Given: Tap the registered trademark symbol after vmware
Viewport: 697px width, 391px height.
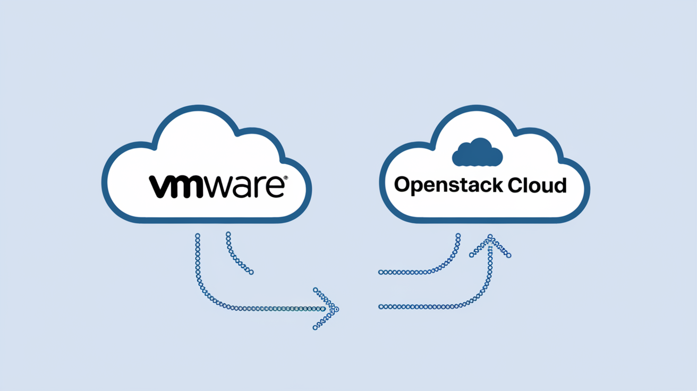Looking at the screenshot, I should pos(286,179).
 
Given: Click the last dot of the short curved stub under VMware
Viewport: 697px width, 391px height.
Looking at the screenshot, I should pos(251,273).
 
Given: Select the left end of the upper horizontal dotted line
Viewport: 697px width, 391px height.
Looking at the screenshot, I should pos(380,272).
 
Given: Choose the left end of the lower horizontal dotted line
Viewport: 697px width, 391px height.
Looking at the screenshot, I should pos(380,307).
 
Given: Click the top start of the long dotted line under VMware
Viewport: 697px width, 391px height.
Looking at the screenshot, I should pos(198,234).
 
